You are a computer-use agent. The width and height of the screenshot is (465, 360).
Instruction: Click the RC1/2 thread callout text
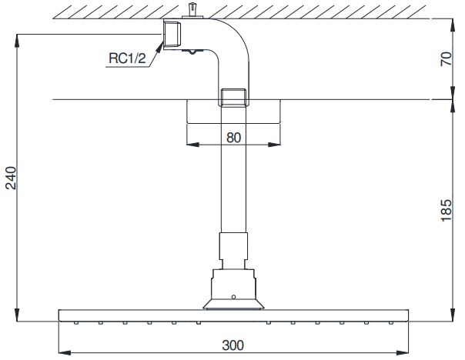pyautogui.click(x=125, y=57)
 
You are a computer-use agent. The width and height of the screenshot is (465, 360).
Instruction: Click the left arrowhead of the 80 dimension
pyautogui.click(x=190, y=144)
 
